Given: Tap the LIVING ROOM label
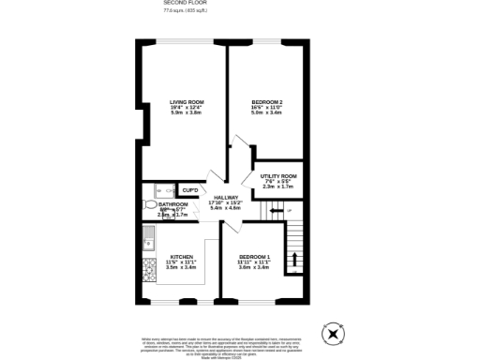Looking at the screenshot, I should coord(187,101).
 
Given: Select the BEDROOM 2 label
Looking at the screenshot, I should coord(267,101).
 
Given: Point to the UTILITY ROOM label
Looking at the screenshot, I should coord(278,176).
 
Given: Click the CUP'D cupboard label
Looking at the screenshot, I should coord(189,190).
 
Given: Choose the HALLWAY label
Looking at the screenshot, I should coord(226,197).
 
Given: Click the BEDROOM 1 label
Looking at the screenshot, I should coord(254,257).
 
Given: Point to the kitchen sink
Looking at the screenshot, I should coord(147,246).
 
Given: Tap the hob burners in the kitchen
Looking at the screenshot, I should coord(148,271).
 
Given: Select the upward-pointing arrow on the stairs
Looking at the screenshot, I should coord(297,258).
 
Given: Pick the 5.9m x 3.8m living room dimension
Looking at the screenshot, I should coord(187,112).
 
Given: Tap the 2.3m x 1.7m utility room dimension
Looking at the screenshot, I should coord(278,187).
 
